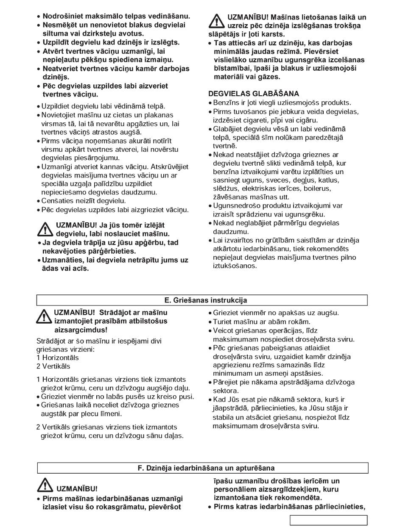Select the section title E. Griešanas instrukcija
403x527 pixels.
click(202, 300)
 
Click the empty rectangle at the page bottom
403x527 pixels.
click(329, 520)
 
